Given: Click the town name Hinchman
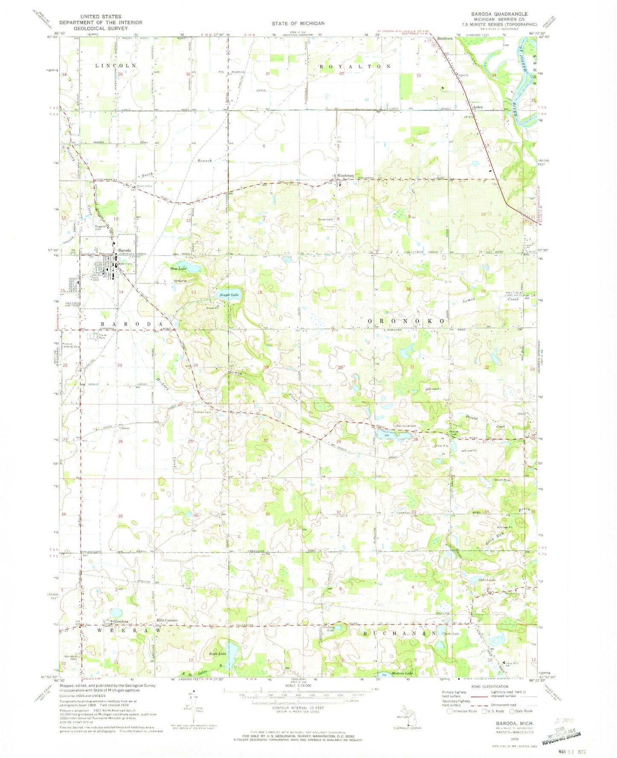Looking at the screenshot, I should tap(345, 176).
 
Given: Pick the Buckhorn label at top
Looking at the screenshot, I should tap(444, 38).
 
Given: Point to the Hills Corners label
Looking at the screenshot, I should tap(167, 620).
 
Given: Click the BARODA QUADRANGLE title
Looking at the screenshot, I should tap(493, 14).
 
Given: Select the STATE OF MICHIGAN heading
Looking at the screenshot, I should tap(298, 24).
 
